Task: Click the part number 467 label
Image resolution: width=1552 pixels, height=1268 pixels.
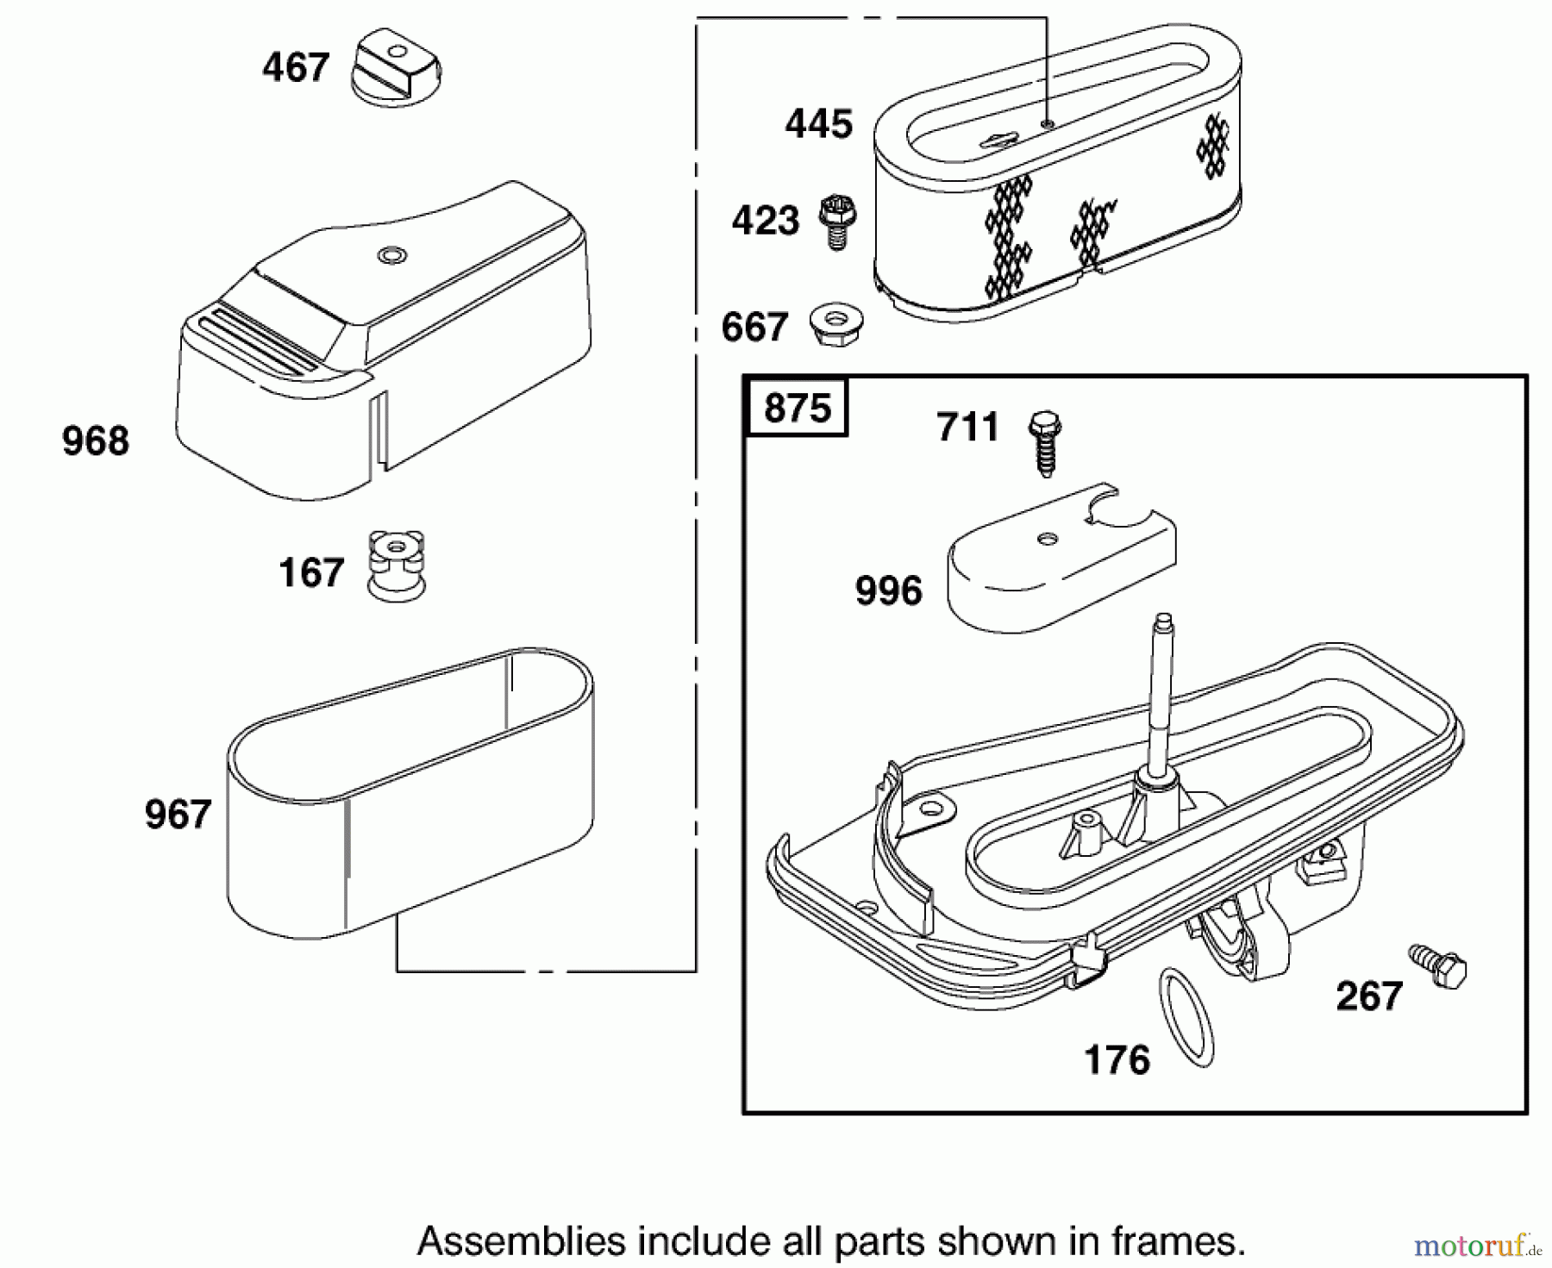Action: pos(296,68)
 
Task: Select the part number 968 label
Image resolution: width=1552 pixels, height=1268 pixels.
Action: pos(96,441)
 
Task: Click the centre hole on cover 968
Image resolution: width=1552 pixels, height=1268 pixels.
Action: pos(390,254)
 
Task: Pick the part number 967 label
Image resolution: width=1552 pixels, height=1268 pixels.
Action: pos(178,815)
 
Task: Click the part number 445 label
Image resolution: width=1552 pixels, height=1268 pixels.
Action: pos(818,124)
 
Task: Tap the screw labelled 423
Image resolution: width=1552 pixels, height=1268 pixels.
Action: pos(835,220)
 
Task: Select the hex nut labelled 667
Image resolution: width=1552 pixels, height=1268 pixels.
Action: pos(837,324)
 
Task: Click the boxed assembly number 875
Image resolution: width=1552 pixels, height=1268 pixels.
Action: pos(797,408)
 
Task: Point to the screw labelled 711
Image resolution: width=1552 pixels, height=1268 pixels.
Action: pos(1045,442)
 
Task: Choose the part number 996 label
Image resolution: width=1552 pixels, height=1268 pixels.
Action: pos(888,591)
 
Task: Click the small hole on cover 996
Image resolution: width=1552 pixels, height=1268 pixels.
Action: pos(1048,539)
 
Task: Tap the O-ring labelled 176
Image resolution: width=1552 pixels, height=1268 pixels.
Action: pos(1186,1017)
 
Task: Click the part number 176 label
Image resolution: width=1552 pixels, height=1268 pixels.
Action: pos(1117,1060)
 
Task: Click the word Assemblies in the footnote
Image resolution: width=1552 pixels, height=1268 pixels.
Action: pos(521,1242)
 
